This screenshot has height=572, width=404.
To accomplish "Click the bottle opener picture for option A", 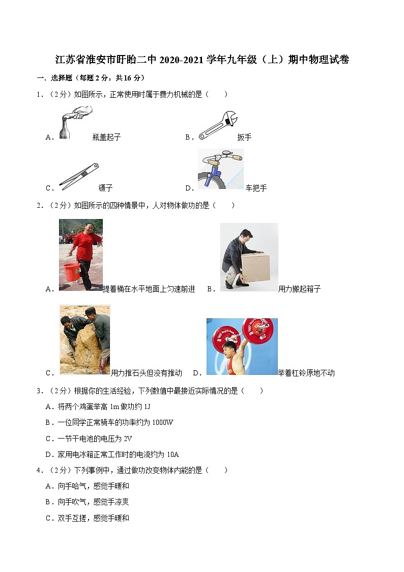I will click(74, 123).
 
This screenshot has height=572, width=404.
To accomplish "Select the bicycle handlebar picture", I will click(220, 169).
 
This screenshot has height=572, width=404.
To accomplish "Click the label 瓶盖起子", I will click(106, 137).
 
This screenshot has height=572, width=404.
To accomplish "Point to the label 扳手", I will click(244, 137).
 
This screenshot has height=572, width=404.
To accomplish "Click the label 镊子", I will click(105, 188).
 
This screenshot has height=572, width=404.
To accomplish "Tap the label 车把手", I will click(256, 188).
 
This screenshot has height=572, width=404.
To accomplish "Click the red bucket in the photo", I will click(71, 272).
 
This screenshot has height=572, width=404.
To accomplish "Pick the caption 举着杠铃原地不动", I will click(306, 373).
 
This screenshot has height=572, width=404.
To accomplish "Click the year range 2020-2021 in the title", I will click(182, 60).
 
